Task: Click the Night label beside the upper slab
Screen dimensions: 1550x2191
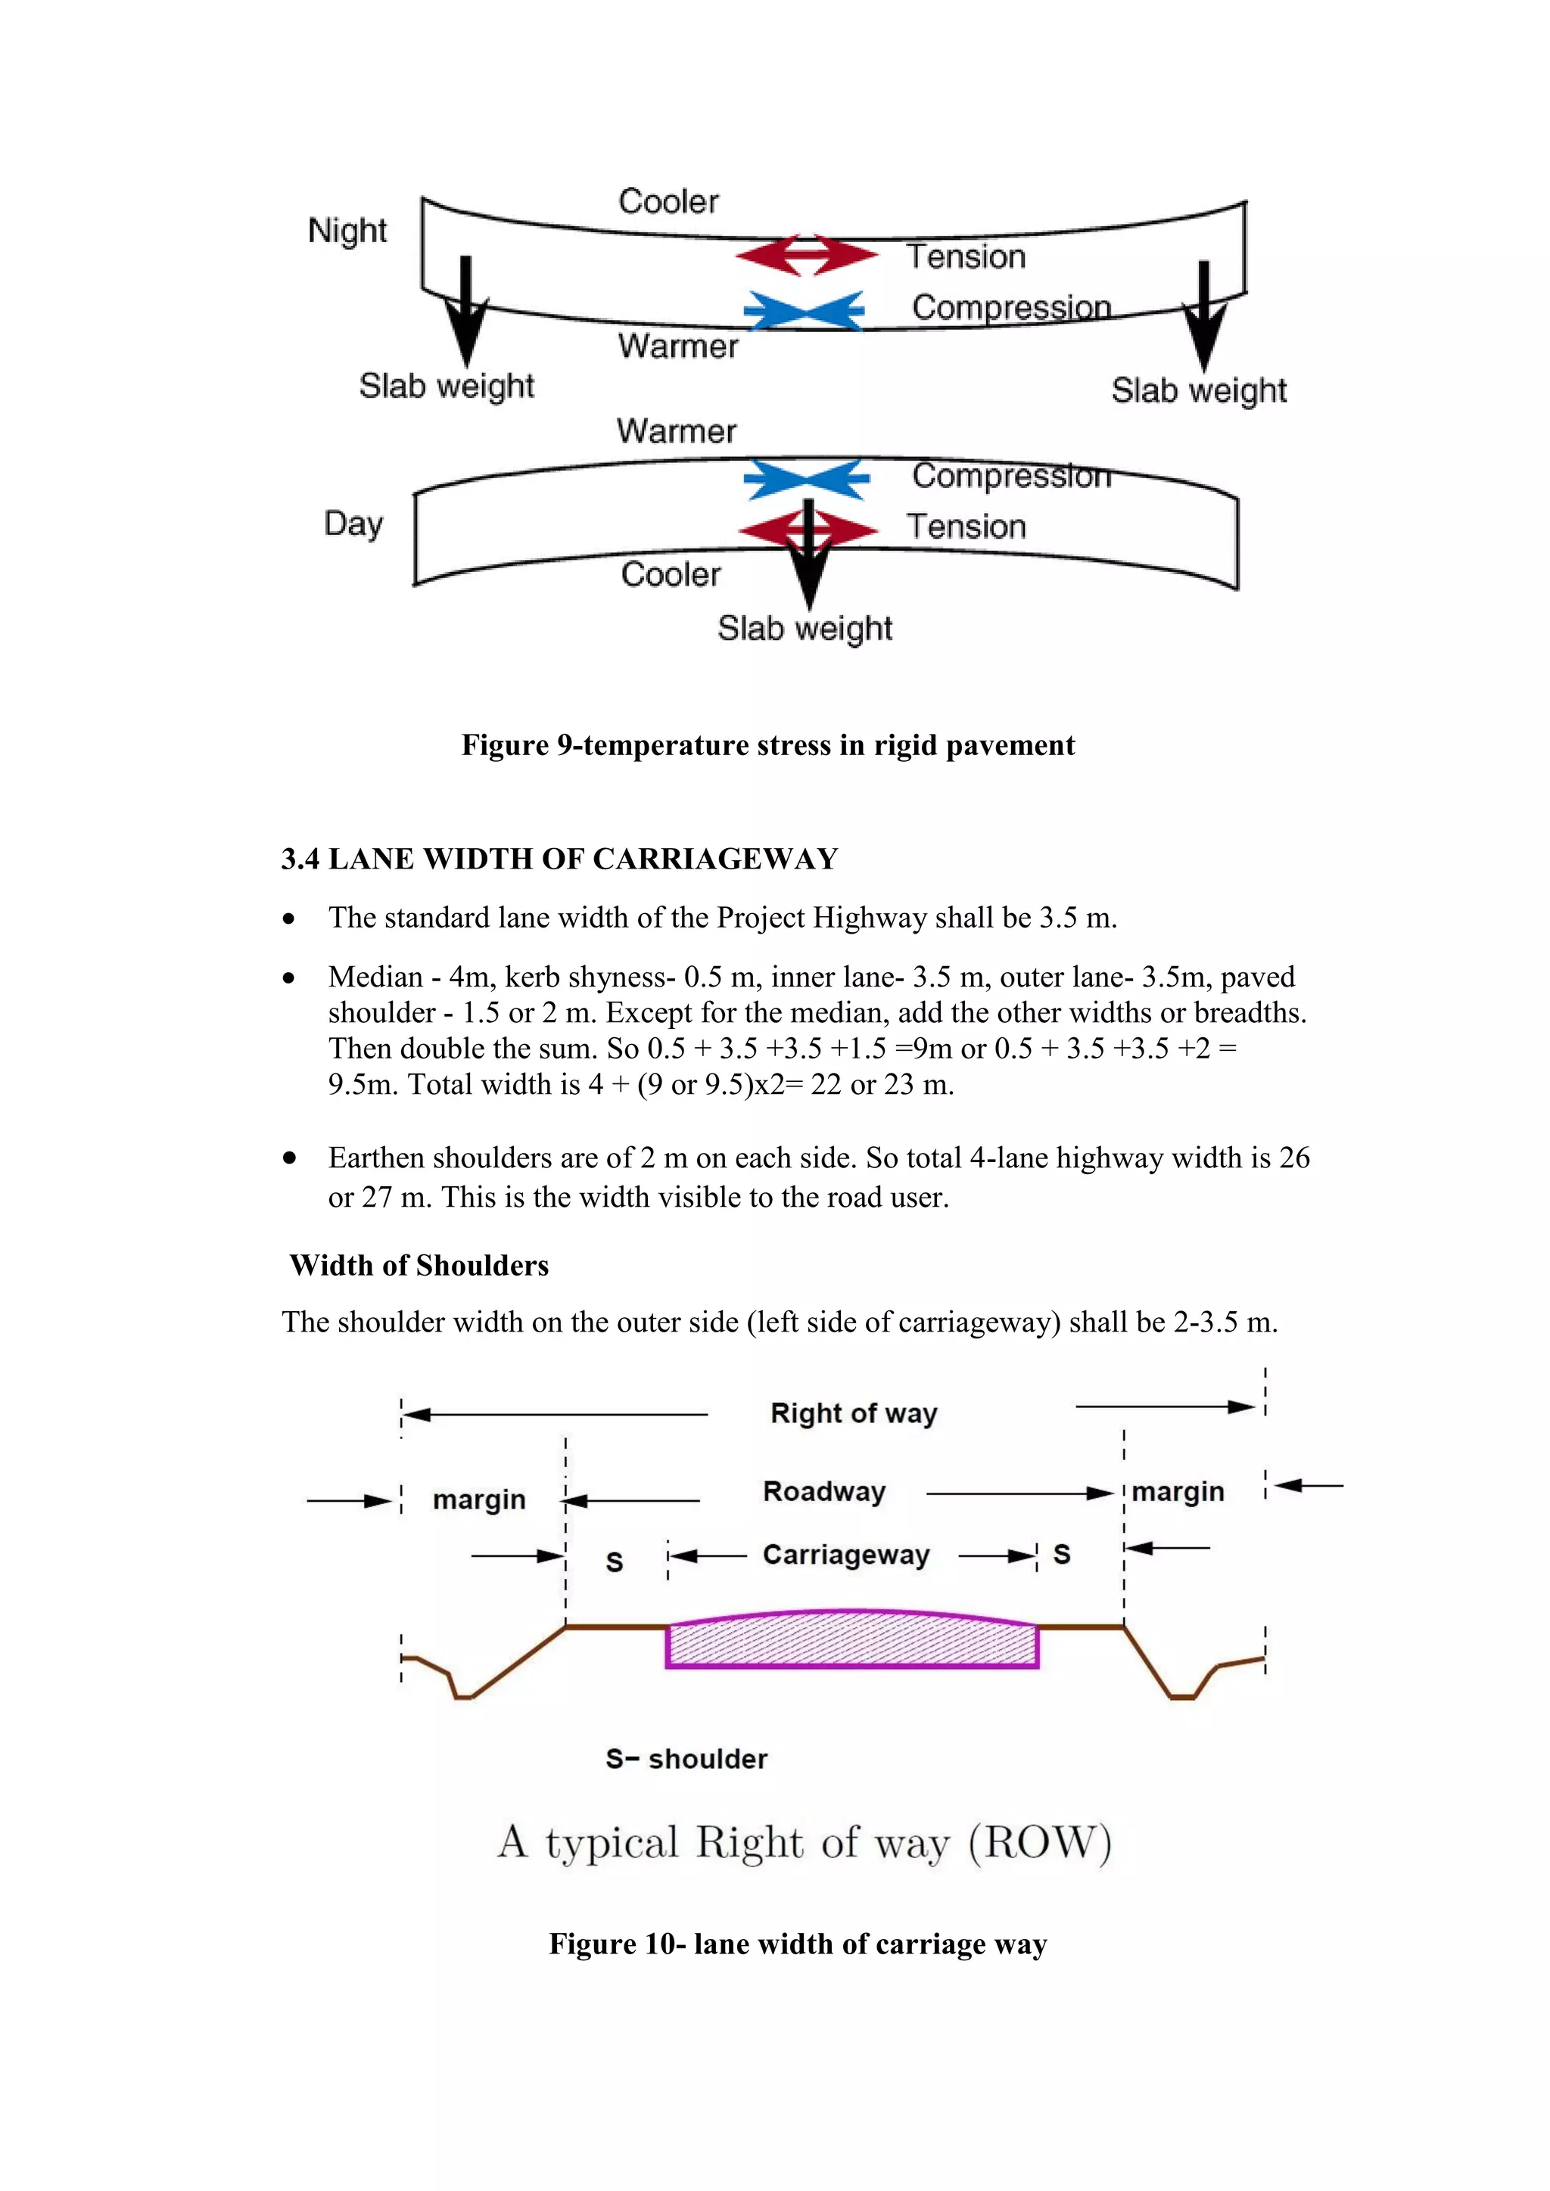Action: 347,231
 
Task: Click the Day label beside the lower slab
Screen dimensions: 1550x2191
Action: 353,524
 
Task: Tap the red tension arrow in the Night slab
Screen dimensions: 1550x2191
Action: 807,255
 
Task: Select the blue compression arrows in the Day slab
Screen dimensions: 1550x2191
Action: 807,479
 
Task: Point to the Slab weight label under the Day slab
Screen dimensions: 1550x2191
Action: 805,629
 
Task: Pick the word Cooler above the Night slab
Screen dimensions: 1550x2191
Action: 668,201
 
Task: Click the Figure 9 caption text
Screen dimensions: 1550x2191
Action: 767,745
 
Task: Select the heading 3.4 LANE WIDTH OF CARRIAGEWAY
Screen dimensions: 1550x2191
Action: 559,859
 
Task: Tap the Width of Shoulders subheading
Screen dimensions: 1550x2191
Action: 419,1266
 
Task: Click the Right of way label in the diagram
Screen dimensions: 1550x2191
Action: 853,1413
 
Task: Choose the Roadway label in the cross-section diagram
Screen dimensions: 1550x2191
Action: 823,1491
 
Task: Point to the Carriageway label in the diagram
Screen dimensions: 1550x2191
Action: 845,1555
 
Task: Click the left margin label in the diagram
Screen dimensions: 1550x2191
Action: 479,1500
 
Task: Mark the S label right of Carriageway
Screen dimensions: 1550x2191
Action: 1061,1555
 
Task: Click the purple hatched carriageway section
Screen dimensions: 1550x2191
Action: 851,1641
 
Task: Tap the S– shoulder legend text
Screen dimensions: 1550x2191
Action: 686,1759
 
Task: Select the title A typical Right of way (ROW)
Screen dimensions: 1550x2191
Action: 804,1843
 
